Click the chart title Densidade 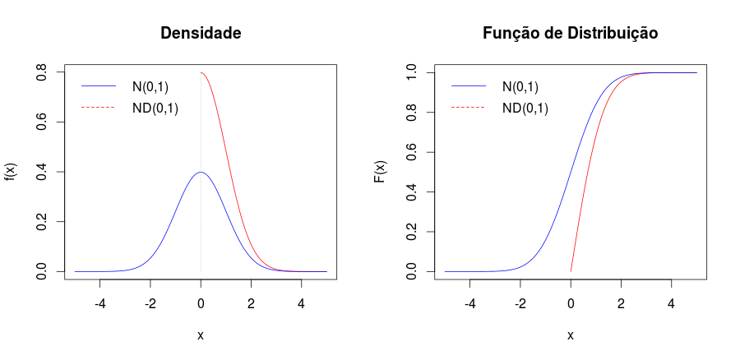[201, 34]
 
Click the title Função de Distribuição [570, 34]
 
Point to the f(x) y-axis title [11, 172]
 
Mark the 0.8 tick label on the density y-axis [40, 72]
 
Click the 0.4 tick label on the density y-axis [40, 172]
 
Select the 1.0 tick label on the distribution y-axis [410, 72]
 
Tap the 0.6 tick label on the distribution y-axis [410, 152]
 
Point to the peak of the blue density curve [201, 172]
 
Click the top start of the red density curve [201, 72]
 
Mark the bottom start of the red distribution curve [571, 270]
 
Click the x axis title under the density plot [201, 335]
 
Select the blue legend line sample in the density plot [99, 86]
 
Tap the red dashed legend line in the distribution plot [469, 108]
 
